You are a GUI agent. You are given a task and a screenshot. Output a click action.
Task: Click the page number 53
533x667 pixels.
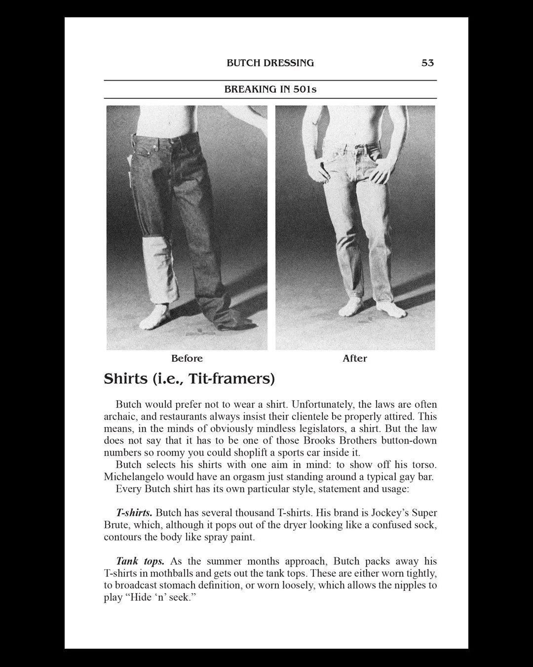tap(427, 63)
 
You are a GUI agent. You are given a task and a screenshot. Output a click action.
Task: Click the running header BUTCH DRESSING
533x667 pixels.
tap(270, 63)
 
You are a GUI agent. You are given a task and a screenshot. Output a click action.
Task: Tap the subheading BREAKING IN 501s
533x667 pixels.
tap(270, 89)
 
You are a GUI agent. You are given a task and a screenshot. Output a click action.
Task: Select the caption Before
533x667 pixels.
tap(187, 358)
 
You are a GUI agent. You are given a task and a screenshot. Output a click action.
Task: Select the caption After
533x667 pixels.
tap(354, 358)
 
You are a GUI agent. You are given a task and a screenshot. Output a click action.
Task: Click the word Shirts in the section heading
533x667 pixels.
tap(125, 379)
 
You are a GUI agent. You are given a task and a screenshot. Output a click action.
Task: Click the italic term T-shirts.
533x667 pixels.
tap(134, 513)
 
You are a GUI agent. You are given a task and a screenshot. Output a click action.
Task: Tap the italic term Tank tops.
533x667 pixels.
tap(140, 561)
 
